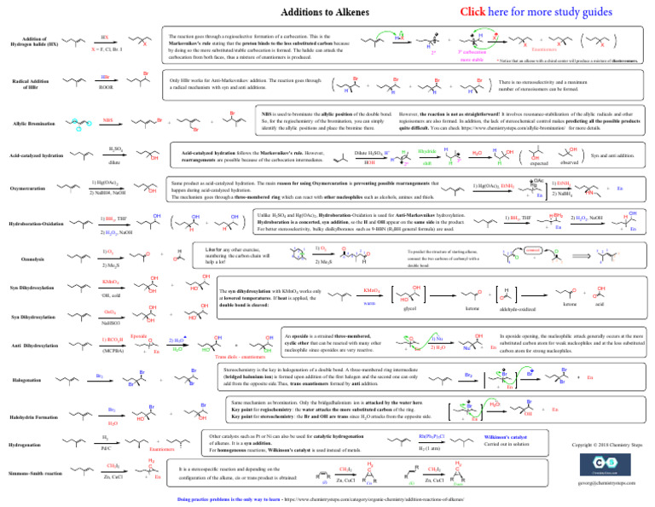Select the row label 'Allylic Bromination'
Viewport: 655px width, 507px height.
point(33,125)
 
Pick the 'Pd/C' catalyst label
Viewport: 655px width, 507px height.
point(106,447)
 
